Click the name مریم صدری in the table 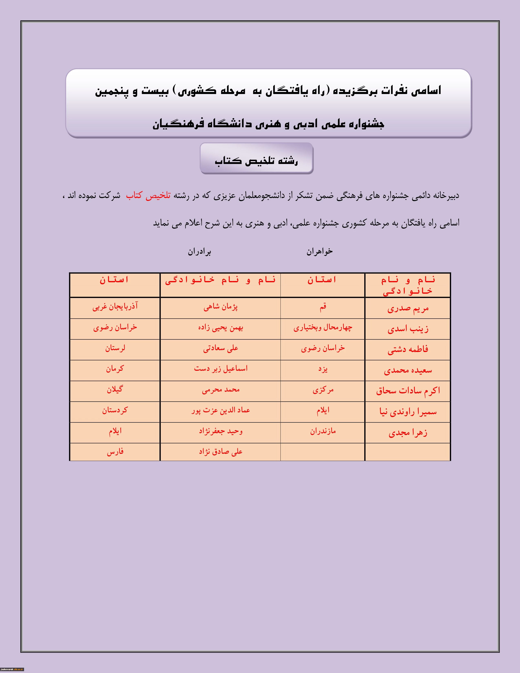click(x=408, y=308)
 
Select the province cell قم click(x=323, y=307)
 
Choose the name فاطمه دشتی click(x=408, y=349)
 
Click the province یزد click(x=323, y=369)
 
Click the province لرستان click(x=115, y=348)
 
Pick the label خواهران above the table click(x=320, y=252)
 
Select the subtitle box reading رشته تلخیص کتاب click(x=256, y=158)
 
